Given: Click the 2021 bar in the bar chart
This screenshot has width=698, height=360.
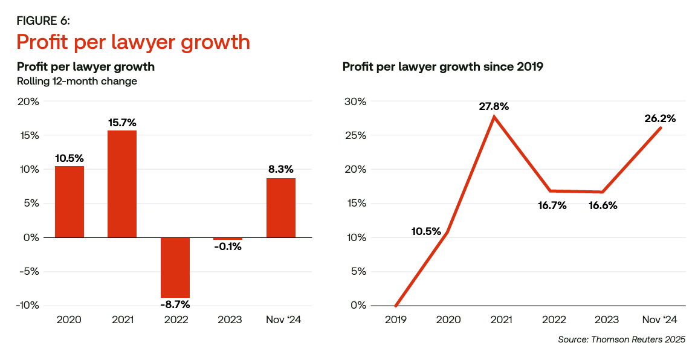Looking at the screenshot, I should coord(122,184).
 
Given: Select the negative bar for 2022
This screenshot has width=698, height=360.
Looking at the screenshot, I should coord(175,267).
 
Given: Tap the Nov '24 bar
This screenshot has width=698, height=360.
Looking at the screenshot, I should coord(280,207).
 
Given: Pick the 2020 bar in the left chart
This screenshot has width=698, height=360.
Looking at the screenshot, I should coord(69,201).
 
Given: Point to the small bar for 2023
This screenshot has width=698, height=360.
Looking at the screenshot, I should coord(228,239).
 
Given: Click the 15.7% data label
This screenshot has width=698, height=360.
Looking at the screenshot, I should coord(122,123).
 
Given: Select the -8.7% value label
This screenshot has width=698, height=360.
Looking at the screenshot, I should coord(175,304).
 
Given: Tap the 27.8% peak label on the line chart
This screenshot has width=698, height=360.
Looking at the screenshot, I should coord(493,106).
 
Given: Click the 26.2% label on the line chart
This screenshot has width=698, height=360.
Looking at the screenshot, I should coord(660,118).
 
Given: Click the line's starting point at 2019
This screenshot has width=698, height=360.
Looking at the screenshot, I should coord(396,306).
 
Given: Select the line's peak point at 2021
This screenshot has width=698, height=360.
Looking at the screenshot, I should coord(494,117).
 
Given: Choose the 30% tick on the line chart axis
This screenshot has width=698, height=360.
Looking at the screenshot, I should coord(355,101).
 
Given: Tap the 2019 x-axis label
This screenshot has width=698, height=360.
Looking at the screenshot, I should coord(396,320).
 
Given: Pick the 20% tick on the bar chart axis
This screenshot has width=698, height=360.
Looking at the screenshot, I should coord(28,101).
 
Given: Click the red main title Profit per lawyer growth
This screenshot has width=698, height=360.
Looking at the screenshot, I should coord(133,42).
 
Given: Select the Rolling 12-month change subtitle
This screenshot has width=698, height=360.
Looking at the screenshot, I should coord(77,81).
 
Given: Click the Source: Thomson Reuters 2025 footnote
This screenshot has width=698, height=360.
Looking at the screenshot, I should coord(622,339).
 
